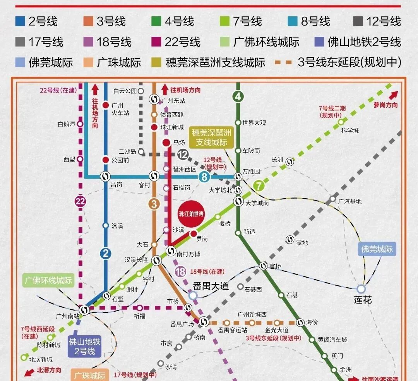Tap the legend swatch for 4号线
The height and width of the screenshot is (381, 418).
(156, 21)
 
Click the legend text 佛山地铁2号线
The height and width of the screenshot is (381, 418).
(364, 42)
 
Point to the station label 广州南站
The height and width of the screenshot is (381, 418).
(67, 316)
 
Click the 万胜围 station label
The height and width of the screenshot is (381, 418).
(251, 171)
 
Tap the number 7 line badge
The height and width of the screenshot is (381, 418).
(259, 186)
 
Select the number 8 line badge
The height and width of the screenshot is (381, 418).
(204, 177)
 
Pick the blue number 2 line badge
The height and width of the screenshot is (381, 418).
(105, 254)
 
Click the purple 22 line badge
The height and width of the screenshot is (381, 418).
(80, 201)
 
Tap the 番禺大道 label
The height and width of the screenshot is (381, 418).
(211, 286)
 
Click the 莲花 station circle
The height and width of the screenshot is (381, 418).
(361, 289)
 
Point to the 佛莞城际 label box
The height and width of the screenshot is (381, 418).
(377, 249)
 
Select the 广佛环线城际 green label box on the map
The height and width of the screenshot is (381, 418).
(48, 280)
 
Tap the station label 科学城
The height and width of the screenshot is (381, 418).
(350, 130)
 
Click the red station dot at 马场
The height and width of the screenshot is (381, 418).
(167, 143)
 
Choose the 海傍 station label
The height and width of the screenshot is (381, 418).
(312, 323)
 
